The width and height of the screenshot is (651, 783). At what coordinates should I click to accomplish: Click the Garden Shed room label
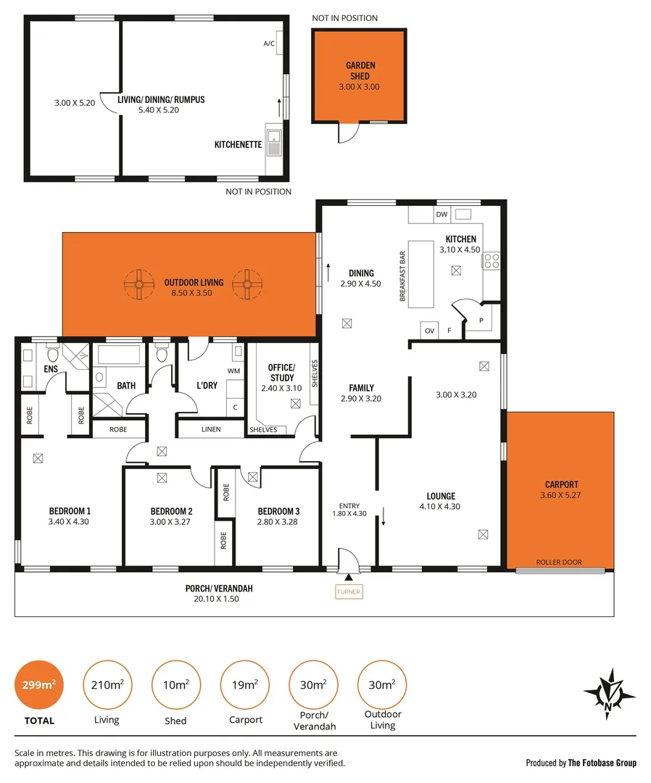(360, 71)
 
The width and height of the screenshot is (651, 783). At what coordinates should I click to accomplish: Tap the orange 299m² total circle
(39, 684)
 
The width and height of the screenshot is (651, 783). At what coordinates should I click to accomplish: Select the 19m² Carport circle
(245, 684)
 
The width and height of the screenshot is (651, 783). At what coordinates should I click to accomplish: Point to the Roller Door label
(559, 562)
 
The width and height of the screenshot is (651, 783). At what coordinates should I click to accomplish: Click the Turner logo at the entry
(349, 592)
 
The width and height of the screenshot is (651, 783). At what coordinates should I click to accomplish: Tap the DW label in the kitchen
(441, 215)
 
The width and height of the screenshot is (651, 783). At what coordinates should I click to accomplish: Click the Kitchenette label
(238, 145)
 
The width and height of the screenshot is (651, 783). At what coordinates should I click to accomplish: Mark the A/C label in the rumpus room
(270, 43)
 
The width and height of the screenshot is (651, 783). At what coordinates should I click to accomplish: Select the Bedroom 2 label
(171, 510)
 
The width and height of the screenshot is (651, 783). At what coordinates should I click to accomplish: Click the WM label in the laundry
(233, 371)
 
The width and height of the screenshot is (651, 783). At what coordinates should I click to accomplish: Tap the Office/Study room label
(282, 373)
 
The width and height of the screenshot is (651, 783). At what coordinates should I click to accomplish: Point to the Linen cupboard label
(211, 430)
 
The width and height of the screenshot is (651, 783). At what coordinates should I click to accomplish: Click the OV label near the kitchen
(429, 331)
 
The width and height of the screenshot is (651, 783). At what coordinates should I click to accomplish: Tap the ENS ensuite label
(51, 370)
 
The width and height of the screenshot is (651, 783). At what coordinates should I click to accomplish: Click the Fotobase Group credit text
(581, 763)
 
